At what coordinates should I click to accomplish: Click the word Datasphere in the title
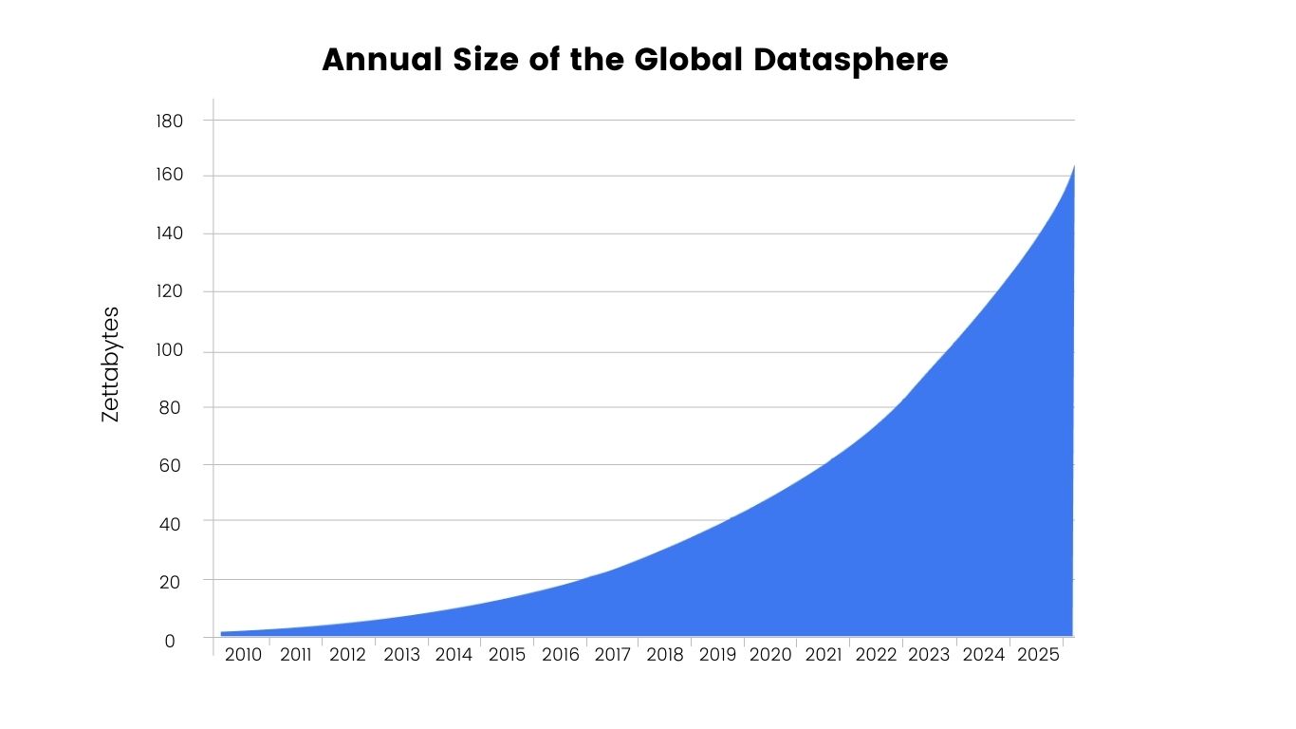(x=851, y=60)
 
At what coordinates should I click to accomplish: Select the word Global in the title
(x=688, y=60)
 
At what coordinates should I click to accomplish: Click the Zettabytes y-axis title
(x=111, y=364)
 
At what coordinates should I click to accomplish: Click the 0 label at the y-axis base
(x=170, y=641)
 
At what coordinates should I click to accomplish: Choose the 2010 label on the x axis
(x=243, y=655)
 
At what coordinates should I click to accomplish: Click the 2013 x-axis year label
(x=401, y=655)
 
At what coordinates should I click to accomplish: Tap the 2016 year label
(x=560, y=655)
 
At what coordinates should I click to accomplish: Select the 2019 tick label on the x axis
(x=717, y=655)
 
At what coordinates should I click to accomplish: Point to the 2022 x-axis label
(x=876, y=655)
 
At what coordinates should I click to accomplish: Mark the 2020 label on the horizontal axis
(x=770, y=655)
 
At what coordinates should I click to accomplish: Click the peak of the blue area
(x=1073, y=167)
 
